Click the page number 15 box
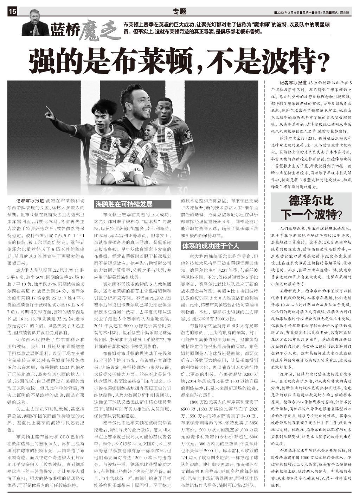tap(12, 12)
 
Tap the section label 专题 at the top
tap(180, 11)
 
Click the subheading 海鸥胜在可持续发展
tap(123, 204)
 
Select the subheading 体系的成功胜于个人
tap(210, 245)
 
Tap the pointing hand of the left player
tap(49, 112)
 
